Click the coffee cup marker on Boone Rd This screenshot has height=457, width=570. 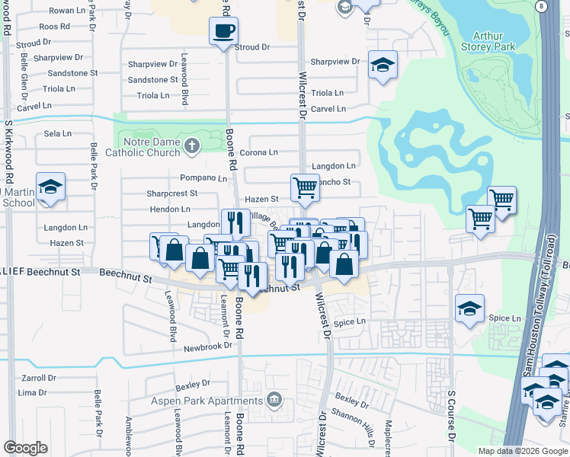click(x=223, y=31)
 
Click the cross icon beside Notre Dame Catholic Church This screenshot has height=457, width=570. click(x=193, y=145)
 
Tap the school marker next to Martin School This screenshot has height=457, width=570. click(x=50, y=187)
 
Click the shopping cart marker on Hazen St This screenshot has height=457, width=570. click(x=305, y=186)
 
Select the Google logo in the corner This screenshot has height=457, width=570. click(x=25, y=448)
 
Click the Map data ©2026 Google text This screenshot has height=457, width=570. click(x=522, y=451)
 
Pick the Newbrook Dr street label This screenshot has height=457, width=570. click(x=207, y=347)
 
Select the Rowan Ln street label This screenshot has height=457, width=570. click(x=67, y=11)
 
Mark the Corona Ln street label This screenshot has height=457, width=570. click(x=258, y=153)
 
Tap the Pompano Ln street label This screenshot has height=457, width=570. click(x=203, y=178)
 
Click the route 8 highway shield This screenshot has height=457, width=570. click(x=540, y=6)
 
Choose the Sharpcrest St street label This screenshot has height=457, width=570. click(x=171, y=193)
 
